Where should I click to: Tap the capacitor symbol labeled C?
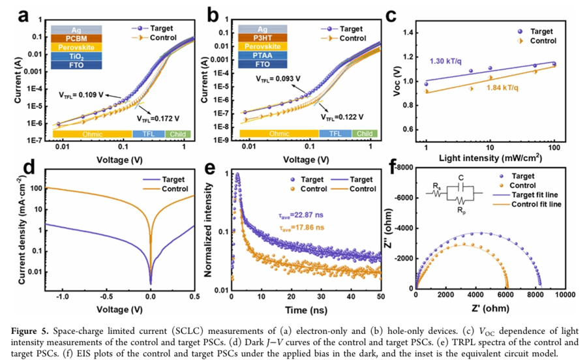point(460,187)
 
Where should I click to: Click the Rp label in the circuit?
point(460,211)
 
